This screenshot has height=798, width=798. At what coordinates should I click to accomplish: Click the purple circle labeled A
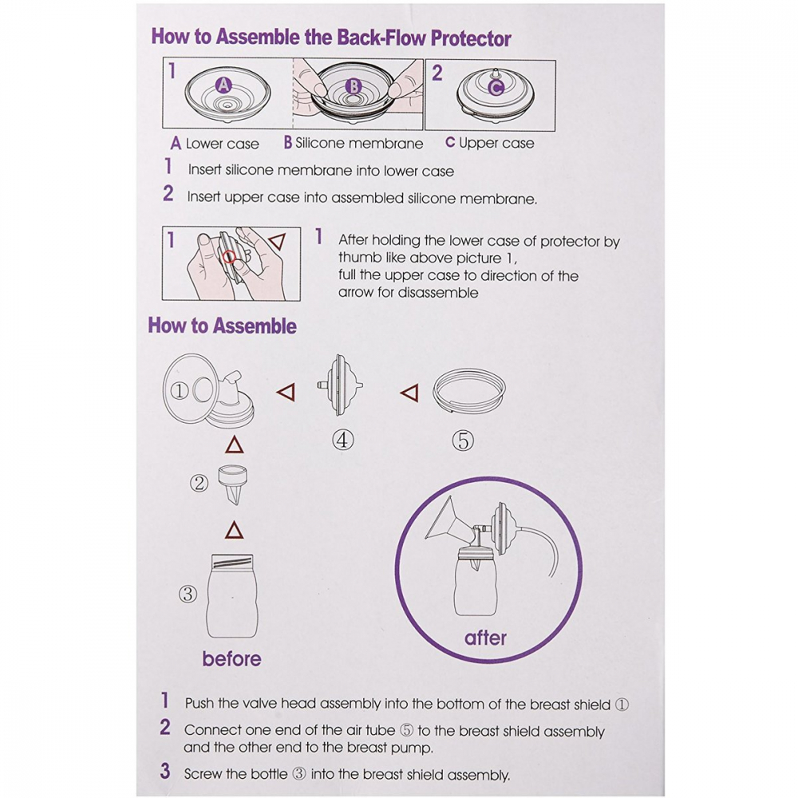coord(223,85)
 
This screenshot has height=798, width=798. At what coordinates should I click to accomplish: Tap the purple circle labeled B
coord(354,86)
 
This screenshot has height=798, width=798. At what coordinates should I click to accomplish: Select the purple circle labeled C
coord(496,88)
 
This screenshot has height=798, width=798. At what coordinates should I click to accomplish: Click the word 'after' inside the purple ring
coord(485,638)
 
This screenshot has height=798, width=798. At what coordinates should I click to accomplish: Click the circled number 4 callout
coord(342,439)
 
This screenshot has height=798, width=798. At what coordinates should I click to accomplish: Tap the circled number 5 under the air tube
coord(463,440)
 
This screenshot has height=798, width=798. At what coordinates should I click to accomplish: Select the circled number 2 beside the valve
coord(199,483)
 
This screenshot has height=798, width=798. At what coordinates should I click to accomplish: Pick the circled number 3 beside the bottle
coord(188,594)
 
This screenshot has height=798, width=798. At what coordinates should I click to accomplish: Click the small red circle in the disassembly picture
coord(230,257)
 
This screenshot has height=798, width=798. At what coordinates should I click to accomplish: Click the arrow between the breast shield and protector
coord(286,392)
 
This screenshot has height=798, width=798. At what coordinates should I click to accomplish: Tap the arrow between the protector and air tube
coord(409,393)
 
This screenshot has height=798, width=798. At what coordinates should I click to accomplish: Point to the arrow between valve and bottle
coord(234,531)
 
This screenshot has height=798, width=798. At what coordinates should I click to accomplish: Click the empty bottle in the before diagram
coord(232,595)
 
